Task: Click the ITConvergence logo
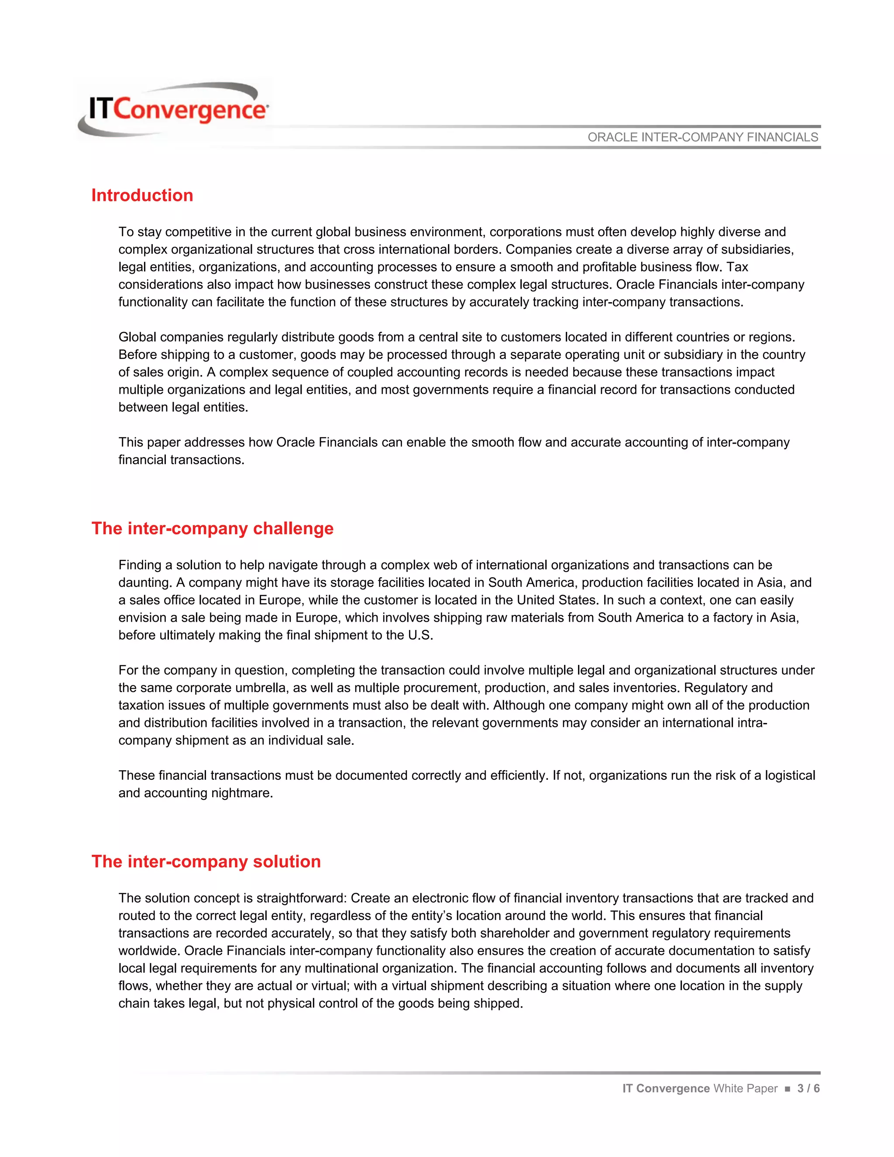pyautogui.click(x=175, y=110)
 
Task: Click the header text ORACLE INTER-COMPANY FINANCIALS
pyautogui.click(x=702, y=137)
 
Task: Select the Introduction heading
pyautogui.click(x=142, y=195)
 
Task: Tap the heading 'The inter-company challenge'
pyautogui.click(x=213, y=528)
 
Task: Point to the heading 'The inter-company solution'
pyautogui.click(x=206, y=861)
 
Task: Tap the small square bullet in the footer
pyautogui.click(x=787, y=1088)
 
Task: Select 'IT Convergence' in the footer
pyautogui.click(x=666, y=1088)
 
